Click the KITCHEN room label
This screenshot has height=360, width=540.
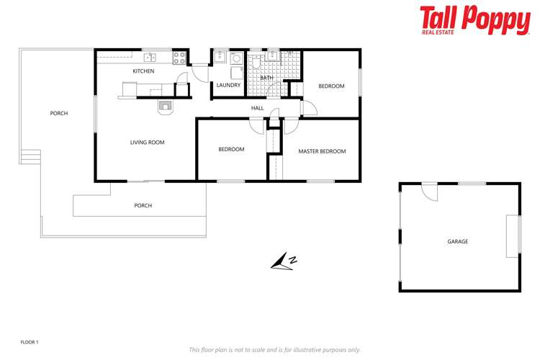click(x=143, y=71)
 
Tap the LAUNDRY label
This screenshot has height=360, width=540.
click(x=228, y=85)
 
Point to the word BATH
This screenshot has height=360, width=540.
click(x=266, y=78)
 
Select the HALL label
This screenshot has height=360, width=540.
click(x=257, y=108)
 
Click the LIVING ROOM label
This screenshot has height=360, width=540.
click(x=147, y=143)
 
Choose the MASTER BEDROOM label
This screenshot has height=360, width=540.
click(x=322, y=151)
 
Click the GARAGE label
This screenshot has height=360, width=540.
click(x=458, y=241)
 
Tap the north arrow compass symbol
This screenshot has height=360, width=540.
click(x=284, y=263)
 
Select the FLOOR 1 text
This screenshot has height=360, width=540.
click(x=30, y=342)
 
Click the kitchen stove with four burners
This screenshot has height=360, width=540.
click(x=180, y=57)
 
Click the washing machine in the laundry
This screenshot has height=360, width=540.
click(x=235, y=72)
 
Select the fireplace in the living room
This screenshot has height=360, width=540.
click(x=166, y=107)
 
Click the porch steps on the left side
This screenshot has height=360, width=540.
click(x=30, y=156)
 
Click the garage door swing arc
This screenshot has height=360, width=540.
click(x=429, y=192)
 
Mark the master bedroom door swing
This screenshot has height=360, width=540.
click(x=291, y=127)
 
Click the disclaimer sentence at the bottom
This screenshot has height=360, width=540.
click(x=274, y=349)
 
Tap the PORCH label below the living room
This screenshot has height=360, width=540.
click(x=143, y=206)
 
